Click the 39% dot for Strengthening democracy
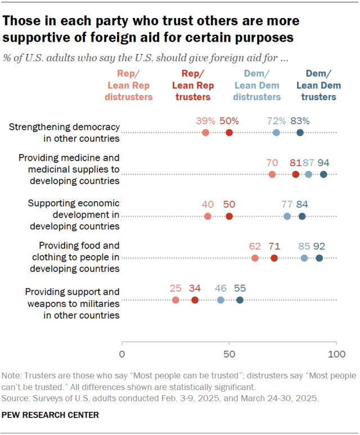pyautogui.click(x=205, y=133)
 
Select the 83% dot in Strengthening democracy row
pyautogui.click(x=300, y=133)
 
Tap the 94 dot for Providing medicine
pyautogui.click(x=323, y=174)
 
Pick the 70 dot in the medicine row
pyautogui.click(x=272, y=174)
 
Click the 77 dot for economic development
pyautogui.click(x=287, y=216)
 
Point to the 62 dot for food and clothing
pyautogui.click(x=255, y=258)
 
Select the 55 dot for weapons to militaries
pyautogui.click(x=240, y=300)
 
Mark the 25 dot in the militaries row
pyautogui.click(x=175, y=300)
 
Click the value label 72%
pyautogui.click(x=276, y=120)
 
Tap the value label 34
pyautogui.click(x=195, y=288)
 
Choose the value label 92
pyautogui.click(x=319, y=246)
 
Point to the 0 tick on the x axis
pyautogui.click(x=122, y=355)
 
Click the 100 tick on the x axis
pyautogui.click(x=336, y=355)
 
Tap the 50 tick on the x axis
pyautogui.click(x=229, y=355)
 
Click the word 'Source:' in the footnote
pyautogui.click(x=16, y=397)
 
